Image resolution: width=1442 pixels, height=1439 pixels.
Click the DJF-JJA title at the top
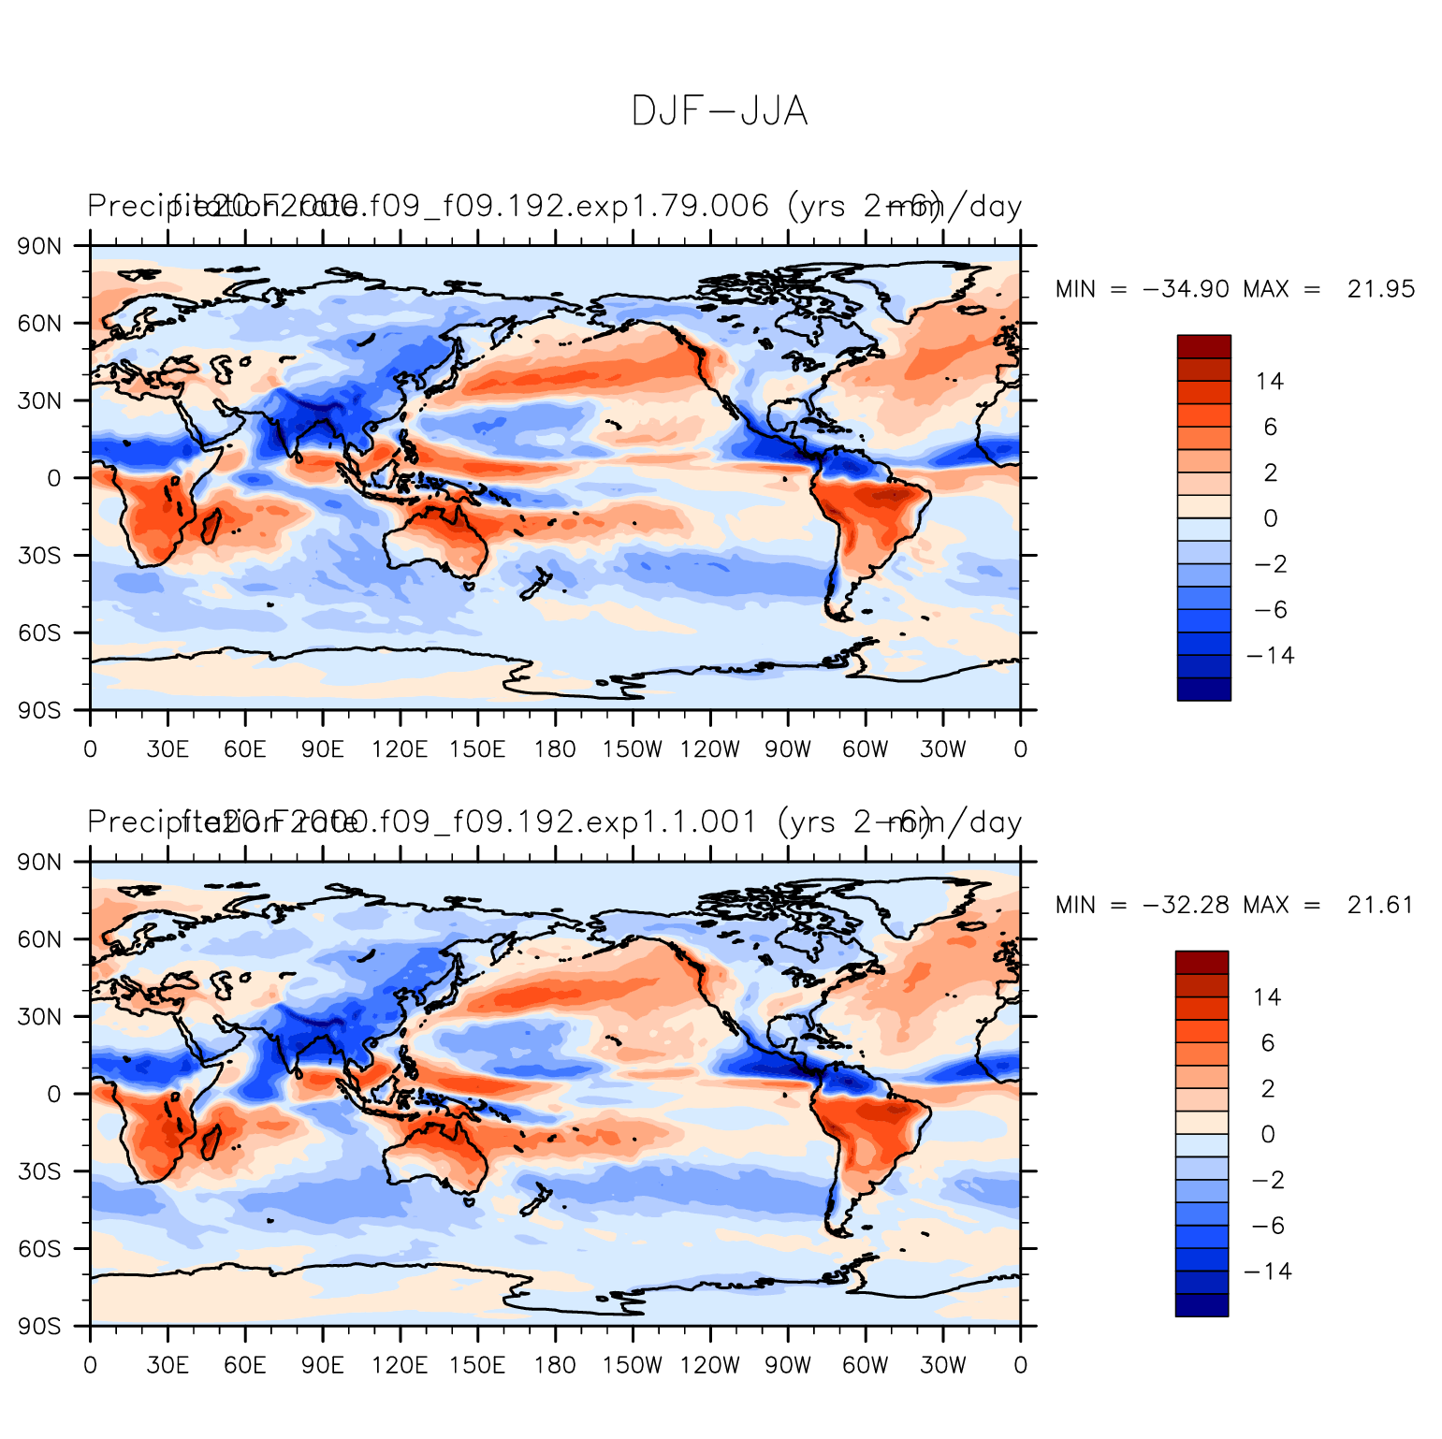tap(719, 111)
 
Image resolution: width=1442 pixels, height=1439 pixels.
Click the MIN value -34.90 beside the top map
tap(1186, 289)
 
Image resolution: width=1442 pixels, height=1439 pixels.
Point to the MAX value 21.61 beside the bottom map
tap(1380, 905)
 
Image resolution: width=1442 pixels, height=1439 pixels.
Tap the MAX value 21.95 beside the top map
tap(1381, 289)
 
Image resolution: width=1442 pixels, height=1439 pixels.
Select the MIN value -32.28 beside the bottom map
tap(1186, 905)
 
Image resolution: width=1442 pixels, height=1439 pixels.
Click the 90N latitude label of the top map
tap(41, 246)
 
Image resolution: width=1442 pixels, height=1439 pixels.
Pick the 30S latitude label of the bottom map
tap(41, 1171)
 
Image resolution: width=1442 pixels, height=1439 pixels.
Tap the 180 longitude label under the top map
tap(555, 749)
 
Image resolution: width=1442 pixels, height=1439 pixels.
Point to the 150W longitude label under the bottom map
tap(632, 1365)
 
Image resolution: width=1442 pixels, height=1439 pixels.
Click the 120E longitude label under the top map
tap(400, 749)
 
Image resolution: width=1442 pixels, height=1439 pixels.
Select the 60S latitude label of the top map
tap(41, 633)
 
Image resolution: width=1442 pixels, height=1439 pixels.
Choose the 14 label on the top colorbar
tap(1270, 381)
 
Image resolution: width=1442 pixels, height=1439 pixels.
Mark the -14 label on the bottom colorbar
tap(1268, 1271)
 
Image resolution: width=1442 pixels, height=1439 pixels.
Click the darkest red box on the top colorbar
tap(1203, 346)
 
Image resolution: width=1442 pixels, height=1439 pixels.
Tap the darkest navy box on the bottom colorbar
tap(1202, 1305)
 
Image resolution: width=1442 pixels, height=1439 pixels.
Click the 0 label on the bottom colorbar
tap(1268, 1134)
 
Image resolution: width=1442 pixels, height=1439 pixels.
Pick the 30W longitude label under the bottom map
tap(942, 1365)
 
